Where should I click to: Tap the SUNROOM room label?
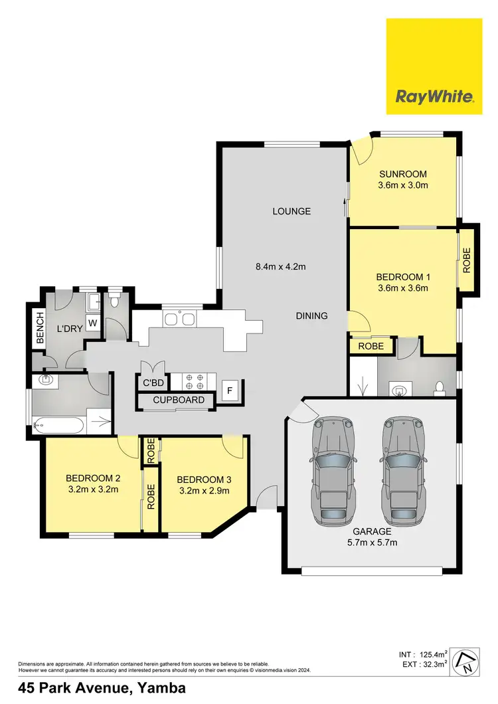pos(403,174)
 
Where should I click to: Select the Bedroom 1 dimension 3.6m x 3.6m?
pos(403,288)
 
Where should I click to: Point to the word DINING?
pos(311,316)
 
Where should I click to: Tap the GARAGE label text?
pos(373,531)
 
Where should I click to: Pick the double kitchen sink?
pos(179,319)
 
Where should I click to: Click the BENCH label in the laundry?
pos(40,328)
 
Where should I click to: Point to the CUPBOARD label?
pos(179,400)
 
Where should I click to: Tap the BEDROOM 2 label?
pos(92,478)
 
